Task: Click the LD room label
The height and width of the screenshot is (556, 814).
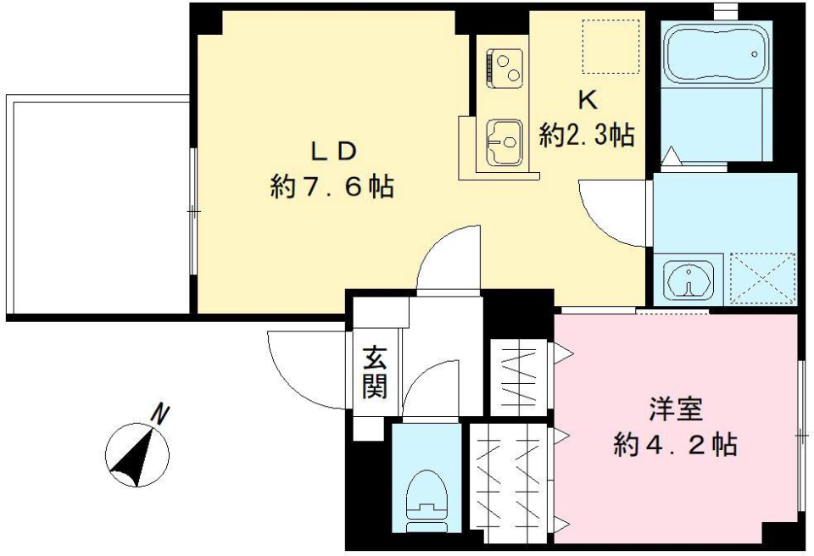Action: (x=332, y=152)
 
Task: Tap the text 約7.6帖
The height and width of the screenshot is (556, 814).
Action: (x=332, y=186)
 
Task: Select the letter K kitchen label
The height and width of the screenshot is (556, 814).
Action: (x=587, y=100)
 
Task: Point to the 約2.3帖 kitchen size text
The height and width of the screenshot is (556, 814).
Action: (x=587, y=135)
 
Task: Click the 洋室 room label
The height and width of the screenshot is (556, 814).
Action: (x=675, y=409)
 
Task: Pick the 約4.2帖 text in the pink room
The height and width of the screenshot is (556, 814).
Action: (x=675, y=444)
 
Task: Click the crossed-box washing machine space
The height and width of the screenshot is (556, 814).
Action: (x=761, y=276)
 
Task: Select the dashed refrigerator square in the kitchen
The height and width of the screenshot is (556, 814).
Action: (x=610, y=47)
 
